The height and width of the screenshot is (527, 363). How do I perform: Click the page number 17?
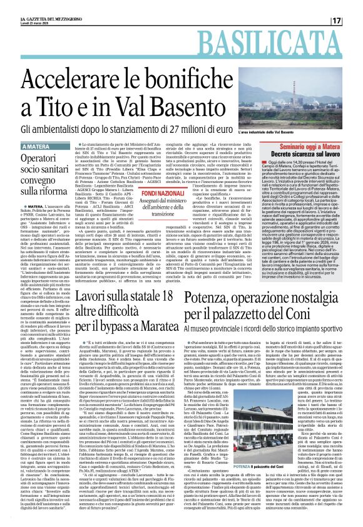point(354,20)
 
